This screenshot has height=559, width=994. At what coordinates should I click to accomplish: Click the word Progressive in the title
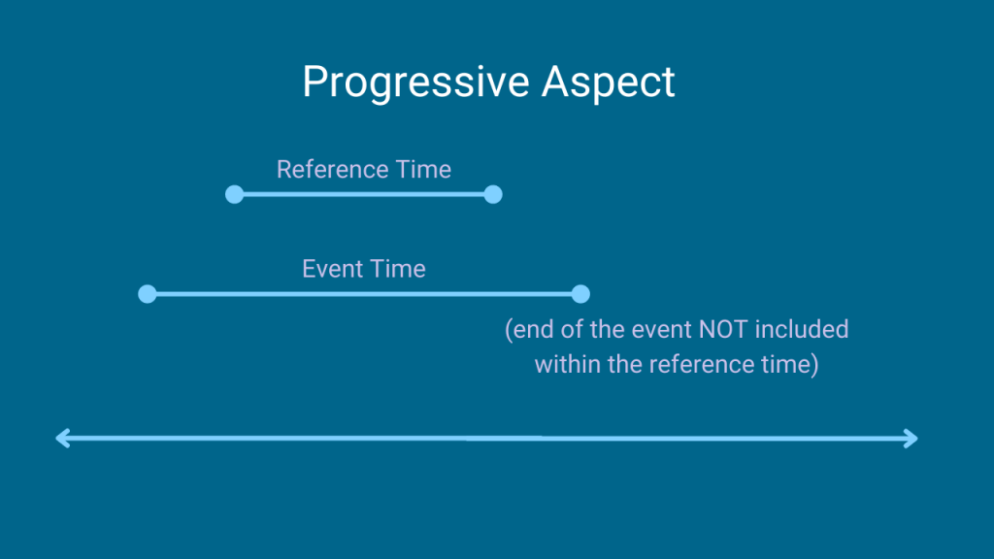coord(415,83)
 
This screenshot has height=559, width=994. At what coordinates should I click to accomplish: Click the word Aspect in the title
coord(609,83)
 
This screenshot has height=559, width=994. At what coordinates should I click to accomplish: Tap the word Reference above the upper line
coord(333,169)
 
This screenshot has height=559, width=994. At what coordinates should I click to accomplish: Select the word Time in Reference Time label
coord(423,169)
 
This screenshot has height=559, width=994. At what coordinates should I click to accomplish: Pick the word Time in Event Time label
coord(398,269)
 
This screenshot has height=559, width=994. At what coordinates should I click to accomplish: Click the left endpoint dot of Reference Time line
coord(235,194)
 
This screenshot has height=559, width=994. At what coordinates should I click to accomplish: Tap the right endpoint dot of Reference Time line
coord(493,194)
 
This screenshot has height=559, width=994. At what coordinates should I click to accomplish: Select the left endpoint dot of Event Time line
coord(148,294)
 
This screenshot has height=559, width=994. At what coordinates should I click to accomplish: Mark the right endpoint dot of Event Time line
coord(580,294)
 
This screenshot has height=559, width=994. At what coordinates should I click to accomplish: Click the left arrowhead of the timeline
coord(63,439)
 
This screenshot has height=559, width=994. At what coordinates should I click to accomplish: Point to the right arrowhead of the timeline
coord(911,439)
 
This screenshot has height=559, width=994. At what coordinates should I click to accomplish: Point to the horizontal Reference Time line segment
coord(364,194)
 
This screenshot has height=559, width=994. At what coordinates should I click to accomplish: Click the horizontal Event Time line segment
coord(364,294)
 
